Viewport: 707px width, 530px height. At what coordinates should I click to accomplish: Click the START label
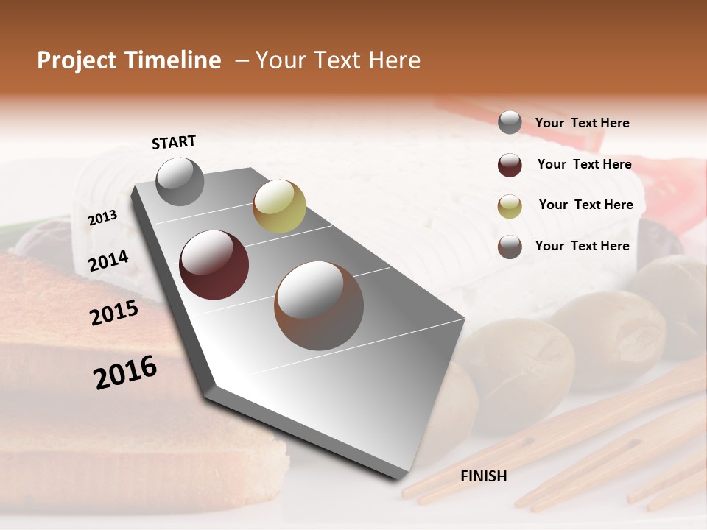174,142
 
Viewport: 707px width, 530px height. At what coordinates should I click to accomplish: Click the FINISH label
483,476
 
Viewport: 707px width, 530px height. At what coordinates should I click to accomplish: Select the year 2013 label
102,218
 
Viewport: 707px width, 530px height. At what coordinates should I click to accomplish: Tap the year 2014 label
108,261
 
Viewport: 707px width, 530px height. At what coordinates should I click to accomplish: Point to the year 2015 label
114,314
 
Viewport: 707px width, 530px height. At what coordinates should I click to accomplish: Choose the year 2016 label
125,372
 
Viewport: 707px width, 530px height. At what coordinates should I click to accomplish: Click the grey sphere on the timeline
180,181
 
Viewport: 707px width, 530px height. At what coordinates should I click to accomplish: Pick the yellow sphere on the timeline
279,206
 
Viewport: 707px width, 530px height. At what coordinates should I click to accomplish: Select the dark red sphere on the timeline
214,265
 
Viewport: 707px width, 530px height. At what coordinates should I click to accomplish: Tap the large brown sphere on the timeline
319,305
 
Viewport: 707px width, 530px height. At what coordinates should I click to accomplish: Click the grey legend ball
510,123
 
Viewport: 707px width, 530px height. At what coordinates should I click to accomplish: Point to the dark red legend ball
510,165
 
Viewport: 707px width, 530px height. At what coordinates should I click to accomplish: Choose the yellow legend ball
510,206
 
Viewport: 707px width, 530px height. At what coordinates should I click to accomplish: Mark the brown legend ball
510,247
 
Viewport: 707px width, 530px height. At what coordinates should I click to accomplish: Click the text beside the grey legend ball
582,123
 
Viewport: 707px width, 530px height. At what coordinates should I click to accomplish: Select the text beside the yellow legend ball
585,205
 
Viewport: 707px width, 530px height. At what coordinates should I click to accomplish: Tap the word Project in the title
77,60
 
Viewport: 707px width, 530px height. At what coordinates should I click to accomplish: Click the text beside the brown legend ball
582,246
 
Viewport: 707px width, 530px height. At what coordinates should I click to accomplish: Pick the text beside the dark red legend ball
584,164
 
